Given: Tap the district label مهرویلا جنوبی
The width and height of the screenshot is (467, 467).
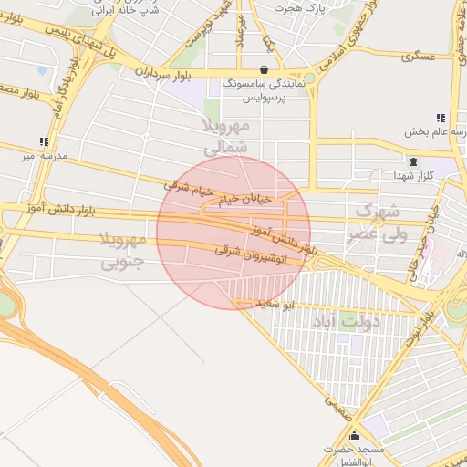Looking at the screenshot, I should click(121, 252).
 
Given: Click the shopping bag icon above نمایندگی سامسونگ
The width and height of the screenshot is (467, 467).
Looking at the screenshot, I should click(265, 69).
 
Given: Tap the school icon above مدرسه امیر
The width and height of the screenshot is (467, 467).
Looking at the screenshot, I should click(43, 141).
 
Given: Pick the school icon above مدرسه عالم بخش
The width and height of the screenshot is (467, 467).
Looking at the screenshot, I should click(441, 118).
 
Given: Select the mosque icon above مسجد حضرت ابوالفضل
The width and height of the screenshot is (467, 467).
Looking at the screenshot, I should click(355, 437).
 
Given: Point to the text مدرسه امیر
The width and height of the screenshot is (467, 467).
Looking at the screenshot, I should click(43, 156).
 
